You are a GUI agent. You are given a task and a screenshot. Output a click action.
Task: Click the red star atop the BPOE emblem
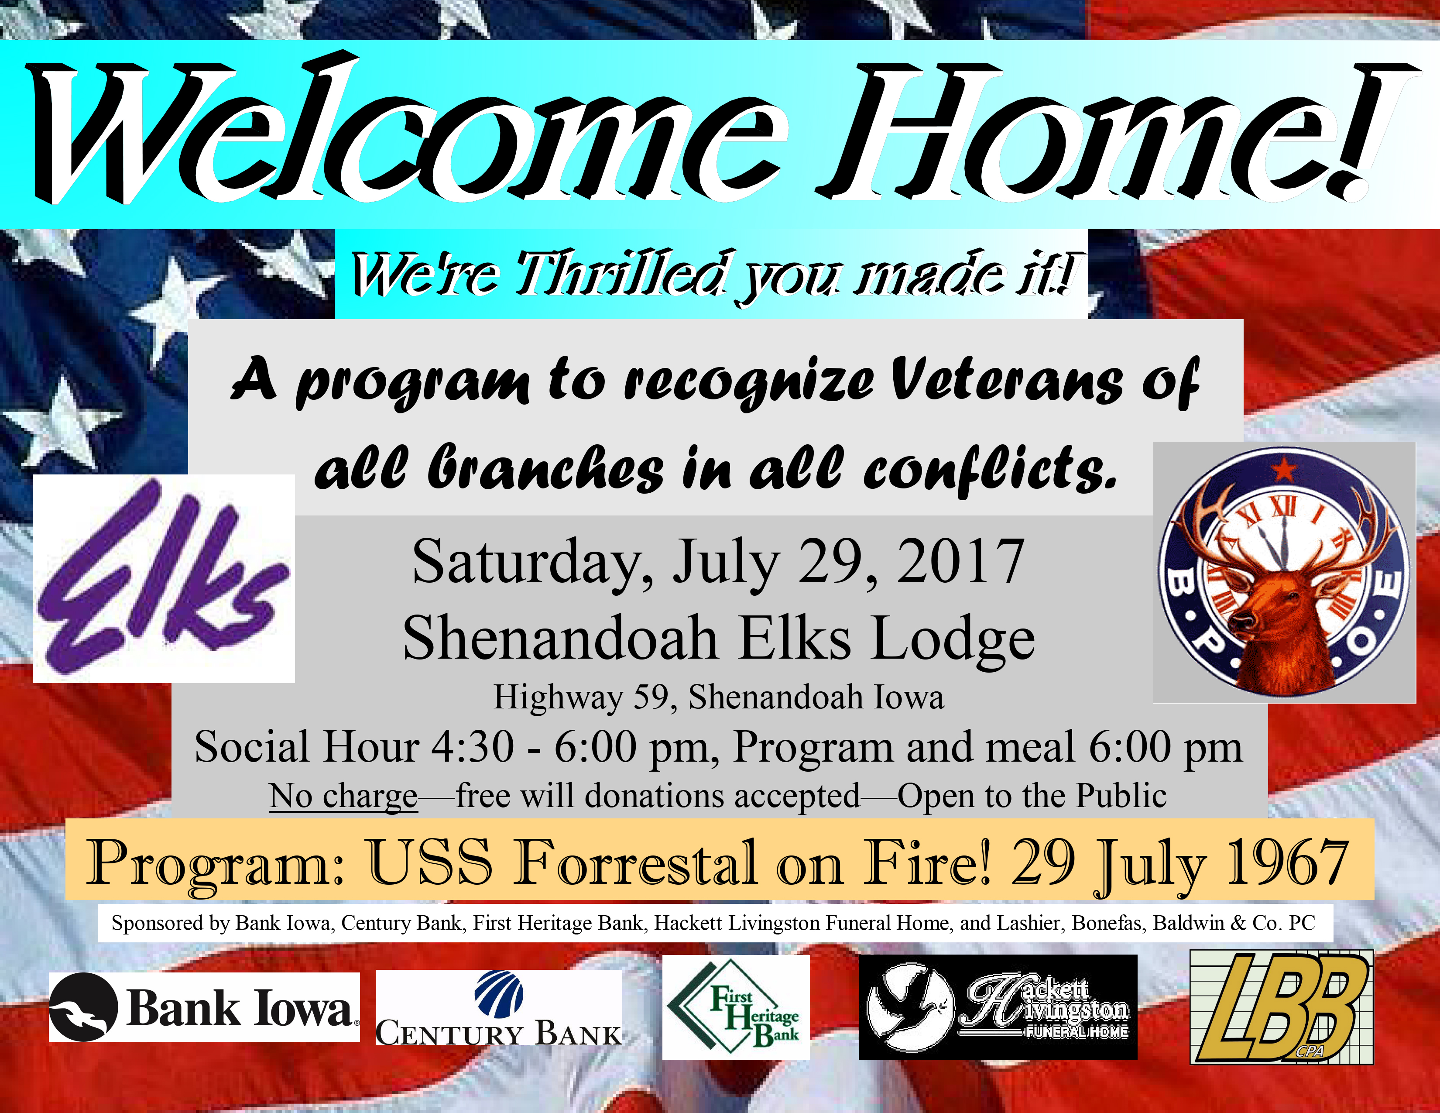(1284, 470)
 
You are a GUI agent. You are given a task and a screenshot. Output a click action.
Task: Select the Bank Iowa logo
(204, 1007)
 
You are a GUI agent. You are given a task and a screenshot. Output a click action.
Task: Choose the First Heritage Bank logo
(736, 1007)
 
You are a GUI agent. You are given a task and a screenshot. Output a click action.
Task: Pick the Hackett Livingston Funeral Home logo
(998, 1007)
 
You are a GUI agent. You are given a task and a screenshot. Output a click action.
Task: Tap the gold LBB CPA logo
(1281, 1007)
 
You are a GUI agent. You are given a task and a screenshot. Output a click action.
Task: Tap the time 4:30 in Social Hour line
(472, 747)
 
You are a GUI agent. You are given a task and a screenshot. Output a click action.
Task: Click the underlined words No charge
(343, 796)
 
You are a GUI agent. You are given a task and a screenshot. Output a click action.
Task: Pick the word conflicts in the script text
(991, 470)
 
